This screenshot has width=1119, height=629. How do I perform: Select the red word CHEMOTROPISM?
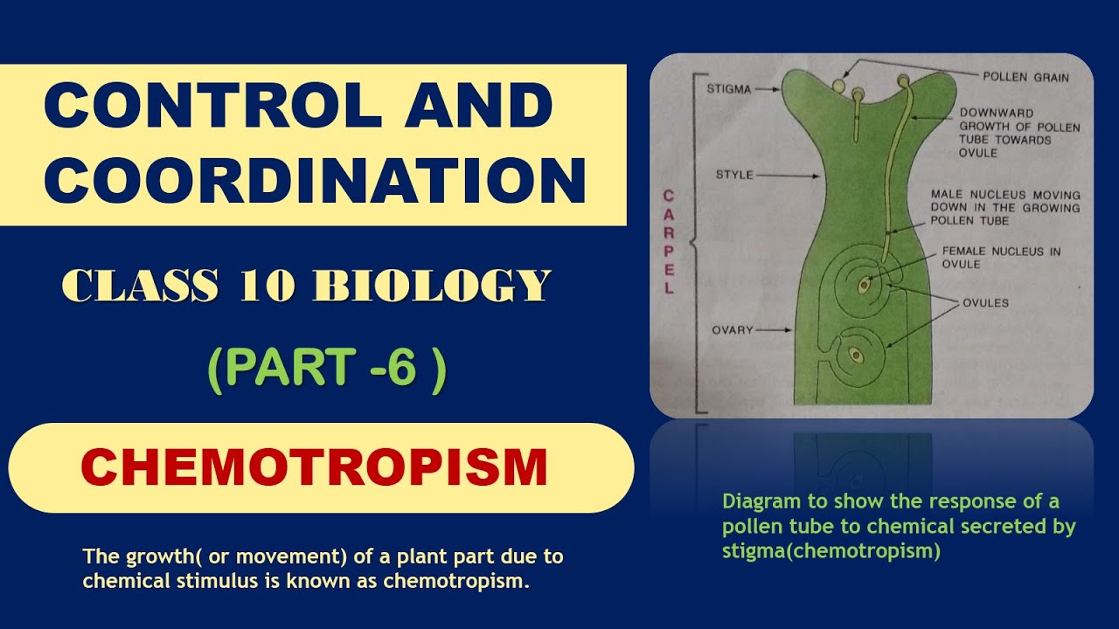pos(314,467)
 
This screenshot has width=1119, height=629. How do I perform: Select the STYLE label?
pos(734,175)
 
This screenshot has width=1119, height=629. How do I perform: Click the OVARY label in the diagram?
pos(731,330)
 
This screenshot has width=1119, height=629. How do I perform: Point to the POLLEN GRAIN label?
pos(1025,77)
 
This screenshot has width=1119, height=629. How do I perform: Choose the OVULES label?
pos(985,303)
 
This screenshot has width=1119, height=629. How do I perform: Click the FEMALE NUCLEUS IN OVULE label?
pos(1000,258)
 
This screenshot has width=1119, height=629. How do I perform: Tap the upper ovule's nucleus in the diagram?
pos(864,284)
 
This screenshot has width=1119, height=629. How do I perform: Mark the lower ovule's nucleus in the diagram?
pos(854,356)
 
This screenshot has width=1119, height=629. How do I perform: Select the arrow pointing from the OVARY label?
pos(773,330)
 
